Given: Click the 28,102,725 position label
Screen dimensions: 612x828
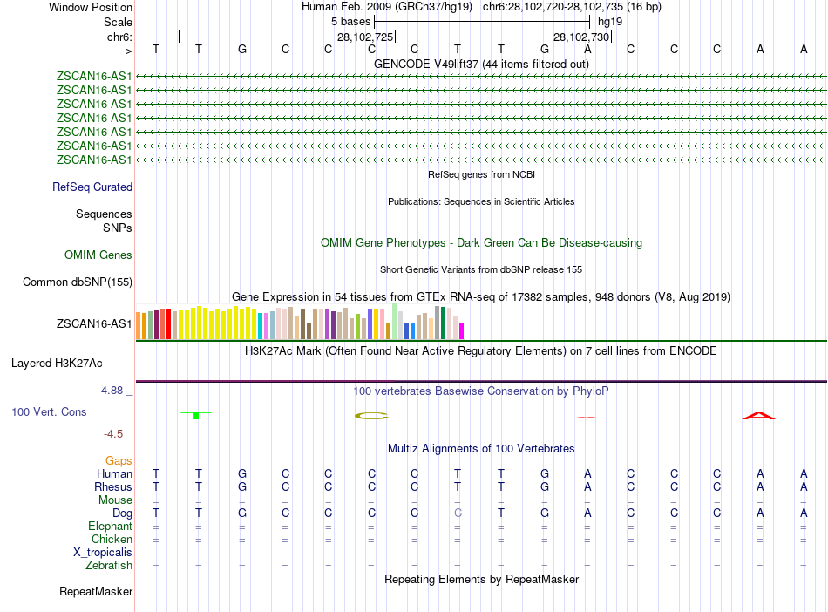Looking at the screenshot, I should tap(365, 37).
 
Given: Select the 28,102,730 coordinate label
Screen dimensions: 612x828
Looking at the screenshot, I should tap(581, 37).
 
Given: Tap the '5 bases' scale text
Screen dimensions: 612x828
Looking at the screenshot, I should tap(350, 21).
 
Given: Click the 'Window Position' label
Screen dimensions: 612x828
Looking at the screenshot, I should tap(91, 7).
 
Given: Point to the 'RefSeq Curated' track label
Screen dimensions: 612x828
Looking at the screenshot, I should tap(92, 187).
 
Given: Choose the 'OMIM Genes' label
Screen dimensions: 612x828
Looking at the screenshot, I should tap(98, 255).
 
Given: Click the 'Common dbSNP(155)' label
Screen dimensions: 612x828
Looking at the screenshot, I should tap(78, 282).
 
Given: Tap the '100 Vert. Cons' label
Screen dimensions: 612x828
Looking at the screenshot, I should tap(49, 411).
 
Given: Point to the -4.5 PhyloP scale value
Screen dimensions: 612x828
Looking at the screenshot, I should tap(115, 433).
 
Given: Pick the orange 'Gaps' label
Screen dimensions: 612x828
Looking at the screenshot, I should tap(119, 460).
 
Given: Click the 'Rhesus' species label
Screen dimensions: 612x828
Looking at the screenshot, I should tap(113, 486).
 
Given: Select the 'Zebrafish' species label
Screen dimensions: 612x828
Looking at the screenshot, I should tap(109, 566).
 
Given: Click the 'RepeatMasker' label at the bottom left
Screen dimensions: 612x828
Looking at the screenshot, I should tap(96, 592).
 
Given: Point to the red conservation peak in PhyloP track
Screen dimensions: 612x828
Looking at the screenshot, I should tap(759, 416).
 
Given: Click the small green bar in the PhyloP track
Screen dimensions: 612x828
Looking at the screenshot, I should tap(197, 415).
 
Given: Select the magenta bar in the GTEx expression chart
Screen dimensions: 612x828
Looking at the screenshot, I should tap(462, 331).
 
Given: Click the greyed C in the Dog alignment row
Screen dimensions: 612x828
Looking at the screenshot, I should tap(458, 513).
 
